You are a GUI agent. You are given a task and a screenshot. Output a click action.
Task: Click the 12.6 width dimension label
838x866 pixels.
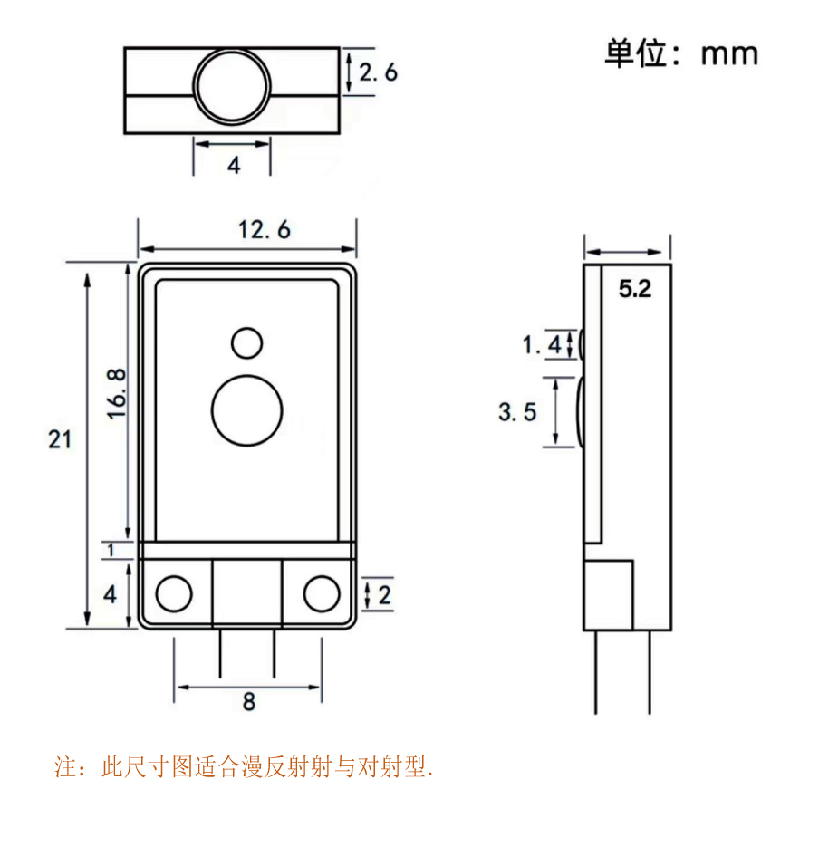pos(264,230)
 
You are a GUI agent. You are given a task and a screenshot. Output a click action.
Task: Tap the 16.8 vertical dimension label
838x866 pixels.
pos(116,394)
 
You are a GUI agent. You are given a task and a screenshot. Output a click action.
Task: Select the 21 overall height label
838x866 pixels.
pos(60,439)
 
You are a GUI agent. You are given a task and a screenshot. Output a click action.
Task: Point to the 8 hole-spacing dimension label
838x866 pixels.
pos(249,702)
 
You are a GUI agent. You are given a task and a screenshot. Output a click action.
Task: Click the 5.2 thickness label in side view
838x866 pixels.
pos(635,289)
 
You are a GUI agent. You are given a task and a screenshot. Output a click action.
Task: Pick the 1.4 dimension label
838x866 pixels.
pos(542,345)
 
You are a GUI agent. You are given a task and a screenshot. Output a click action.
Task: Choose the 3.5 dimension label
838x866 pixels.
pos(517,412)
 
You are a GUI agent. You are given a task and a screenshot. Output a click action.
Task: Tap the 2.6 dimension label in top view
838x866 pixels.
pos(378,72)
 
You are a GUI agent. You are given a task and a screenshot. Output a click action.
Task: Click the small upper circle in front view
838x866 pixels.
pos(247,343)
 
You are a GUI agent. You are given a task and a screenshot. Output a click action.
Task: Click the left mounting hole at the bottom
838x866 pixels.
pos(174,594)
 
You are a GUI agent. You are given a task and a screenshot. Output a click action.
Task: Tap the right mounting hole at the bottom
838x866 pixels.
pos(322,594)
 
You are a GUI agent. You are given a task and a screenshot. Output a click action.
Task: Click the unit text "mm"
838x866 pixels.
pos(729,54)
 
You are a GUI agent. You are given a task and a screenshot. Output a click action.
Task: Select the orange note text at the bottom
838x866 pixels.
pos(243,767)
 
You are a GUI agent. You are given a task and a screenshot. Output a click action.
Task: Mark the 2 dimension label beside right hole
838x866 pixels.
pos(384,595)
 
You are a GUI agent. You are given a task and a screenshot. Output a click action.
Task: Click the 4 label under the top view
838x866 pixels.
pos(235,165)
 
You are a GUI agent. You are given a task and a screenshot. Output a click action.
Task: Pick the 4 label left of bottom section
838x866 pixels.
pos(110,594)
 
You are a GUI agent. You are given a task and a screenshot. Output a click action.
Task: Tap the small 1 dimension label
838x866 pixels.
pos(111,550)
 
